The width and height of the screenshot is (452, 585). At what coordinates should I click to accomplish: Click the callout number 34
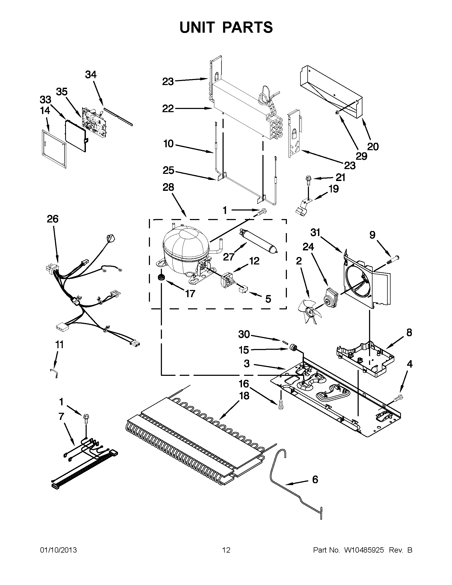(x=91, y=75)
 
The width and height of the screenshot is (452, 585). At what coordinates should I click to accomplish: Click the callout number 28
(x=168, y=187)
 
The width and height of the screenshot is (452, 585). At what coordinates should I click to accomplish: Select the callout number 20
(x=373, y=146)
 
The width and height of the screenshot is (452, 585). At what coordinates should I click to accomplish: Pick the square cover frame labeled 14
(x=54, y=148)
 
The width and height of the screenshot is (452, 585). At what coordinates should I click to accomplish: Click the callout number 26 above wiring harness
(x=53, y=219)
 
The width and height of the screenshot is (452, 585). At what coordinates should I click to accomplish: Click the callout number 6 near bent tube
(x=315, y=479)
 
